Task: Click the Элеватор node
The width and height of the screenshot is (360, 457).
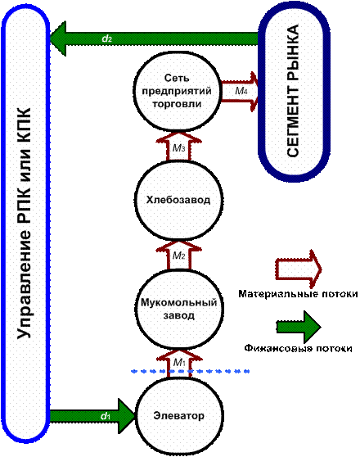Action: [x=179, y=416]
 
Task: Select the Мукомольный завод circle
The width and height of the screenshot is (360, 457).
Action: [x=179, y=309]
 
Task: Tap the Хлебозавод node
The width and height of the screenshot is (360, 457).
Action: [x=178, y=201]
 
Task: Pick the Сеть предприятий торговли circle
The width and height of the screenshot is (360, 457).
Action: [x=177, y=91]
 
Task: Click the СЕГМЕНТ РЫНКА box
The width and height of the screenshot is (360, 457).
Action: [x=294, y=91]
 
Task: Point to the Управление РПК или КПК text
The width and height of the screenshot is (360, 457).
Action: [x=24, y=224]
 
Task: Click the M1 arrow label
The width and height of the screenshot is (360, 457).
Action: [x=179, y=362]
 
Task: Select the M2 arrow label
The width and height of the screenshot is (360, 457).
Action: [x=178, y=256]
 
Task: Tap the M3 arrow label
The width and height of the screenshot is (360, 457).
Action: [x=178, y=148]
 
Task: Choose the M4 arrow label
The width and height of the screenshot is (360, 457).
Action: [x=241, y=91]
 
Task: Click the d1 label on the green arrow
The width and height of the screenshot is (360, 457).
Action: [x=106, y=416]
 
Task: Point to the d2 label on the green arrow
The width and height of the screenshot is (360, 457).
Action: [x=107, y=38]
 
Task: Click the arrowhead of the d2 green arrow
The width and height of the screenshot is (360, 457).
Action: [x=51, y=38]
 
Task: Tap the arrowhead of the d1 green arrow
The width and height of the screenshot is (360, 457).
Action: [x=134, y=416]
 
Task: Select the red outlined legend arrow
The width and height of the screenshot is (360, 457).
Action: [x=299, y=269]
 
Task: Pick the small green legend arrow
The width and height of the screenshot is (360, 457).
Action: [x=299, y=327]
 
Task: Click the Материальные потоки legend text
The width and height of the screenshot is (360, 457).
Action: [x=299, y=294]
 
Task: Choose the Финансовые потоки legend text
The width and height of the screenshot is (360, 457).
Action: [x=299, y=348]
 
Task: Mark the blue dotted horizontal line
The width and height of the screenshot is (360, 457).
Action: [x=191, y=371]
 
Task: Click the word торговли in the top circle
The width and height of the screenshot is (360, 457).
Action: [x=177, y=104]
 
